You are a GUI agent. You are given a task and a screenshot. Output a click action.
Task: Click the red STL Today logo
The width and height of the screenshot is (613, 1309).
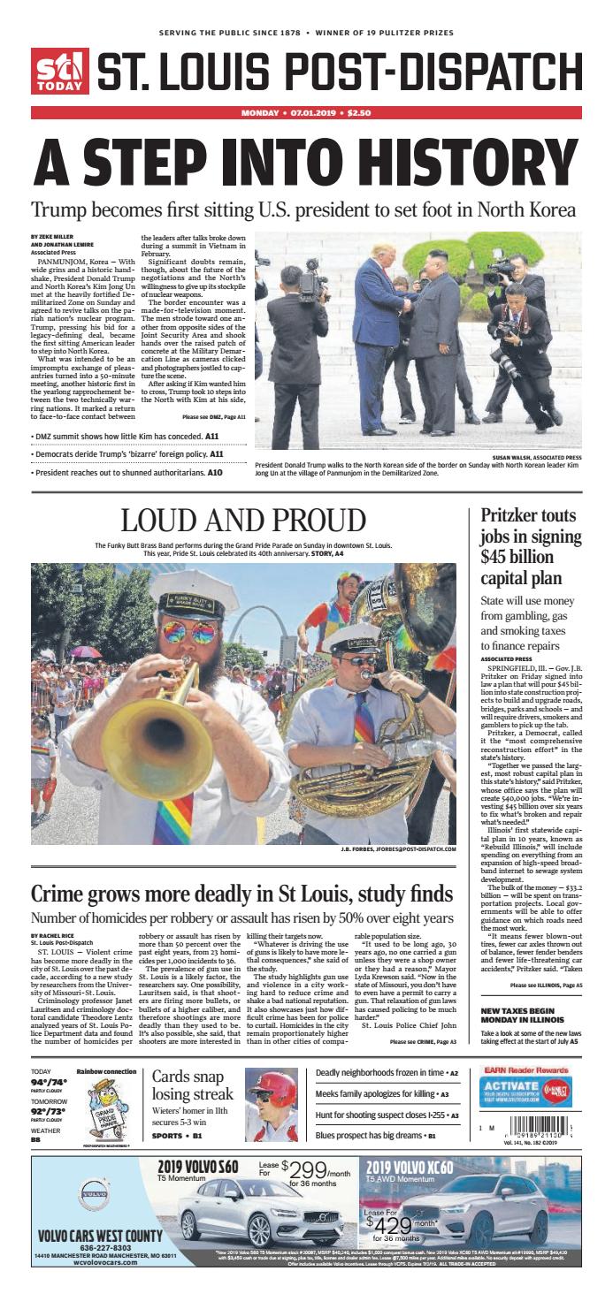coord(60,71)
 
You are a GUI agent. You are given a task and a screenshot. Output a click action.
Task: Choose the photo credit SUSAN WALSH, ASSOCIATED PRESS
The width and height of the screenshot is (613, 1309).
coord(533,458)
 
